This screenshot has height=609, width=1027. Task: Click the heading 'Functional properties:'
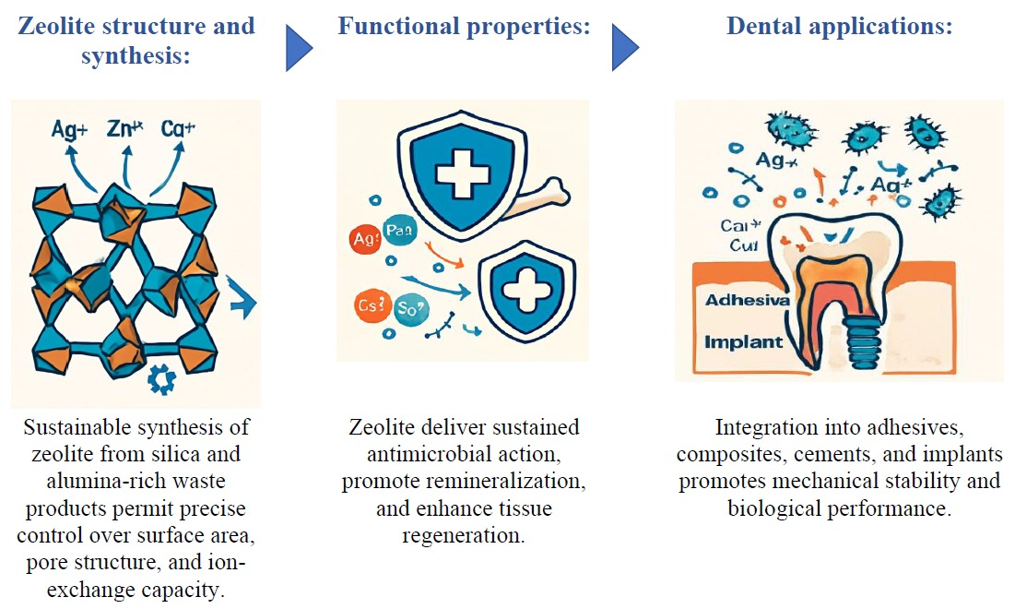click(x=464, y=26)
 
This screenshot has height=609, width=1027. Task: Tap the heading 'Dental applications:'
click(x=839, y=26)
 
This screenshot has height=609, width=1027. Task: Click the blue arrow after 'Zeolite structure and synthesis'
click(x=299, y=48)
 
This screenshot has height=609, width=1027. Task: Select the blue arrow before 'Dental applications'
click(x=625, y=48)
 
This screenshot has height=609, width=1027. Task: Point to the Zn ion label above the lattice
click(x=124, y=129)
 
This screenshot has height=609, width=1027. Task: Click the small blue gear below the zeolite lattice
click(x=161, y=379)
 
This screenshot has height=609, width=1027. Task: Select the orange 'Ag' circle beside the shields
click(x=364, y=241)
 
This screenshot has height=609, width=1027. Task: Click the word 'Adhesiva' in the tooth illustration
click(x=747, y=301)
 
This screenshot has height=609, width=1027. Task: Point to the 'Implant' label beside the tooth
click(x=743, y=342)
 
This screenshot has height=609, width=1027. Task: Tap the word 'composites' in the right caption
click(x=732, y=455)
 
